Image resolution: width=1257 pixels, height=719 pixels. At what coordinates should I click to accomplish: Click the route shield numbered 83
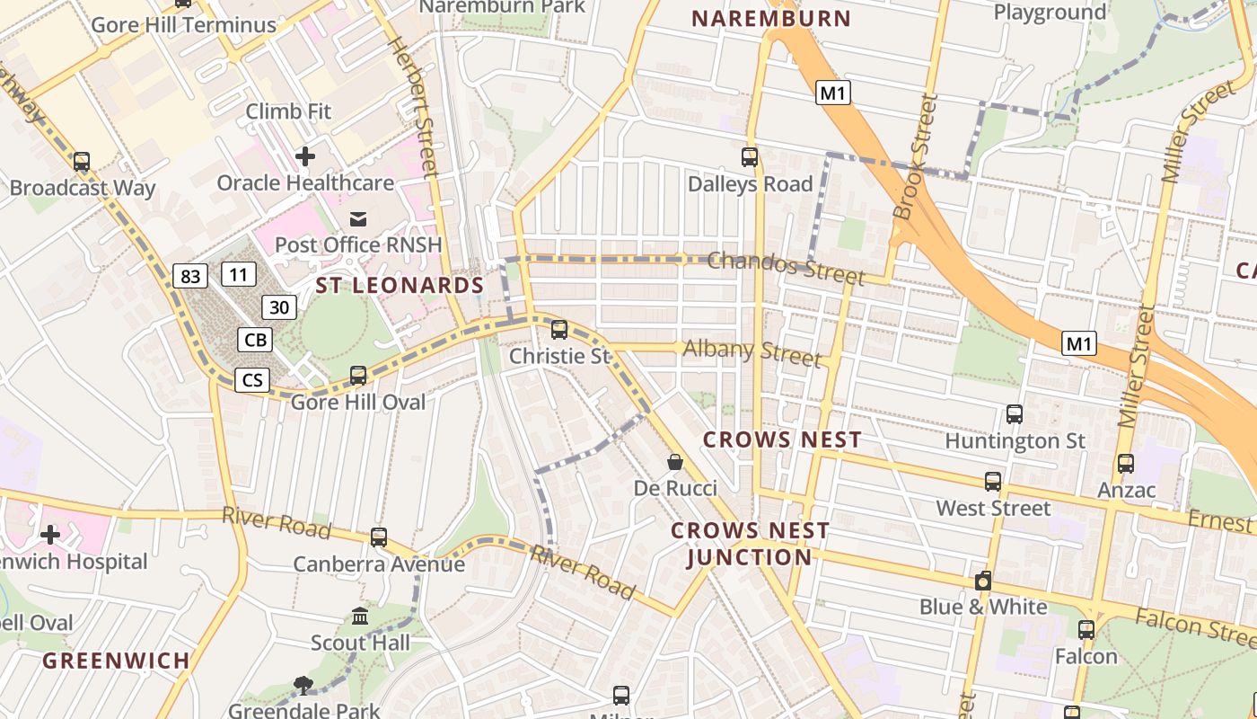190,276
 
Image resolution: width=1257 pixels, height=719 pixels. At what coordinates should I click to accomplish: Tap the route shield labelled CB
256,340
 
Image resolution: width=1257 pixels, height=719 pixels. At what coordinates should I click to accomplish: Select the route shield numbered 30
279,307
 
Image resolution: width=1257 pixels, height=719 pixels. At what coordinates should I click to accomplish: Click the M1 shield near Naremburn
832,93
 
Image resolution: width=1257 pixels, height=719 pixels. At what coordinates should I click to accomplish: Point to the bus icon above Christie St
559,330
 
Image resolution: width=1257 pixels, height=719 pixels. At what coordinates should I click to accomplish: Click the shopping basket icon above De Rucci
675,462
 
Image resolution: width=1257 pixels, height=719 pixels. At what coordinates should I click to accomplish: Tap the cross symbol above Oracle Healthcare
305,156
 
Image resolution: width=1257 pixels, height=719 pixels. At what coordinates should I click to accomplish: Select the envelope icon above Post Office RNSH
358,218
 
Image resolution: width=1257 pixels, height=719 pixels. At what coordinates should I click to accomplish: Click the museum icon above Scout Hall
360,617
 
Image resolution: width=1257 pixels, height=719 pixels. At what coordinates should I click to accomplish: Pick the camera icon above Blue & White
983,581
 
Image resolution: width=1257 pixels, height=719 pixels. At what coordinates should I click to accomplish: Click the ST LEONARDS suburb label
400,286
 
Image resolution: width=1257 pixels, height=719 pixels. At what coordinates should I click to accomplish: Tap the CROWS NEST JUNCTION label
750,544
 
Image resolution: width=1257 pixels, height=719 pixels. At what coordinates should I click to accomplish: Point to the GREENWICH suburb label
117,661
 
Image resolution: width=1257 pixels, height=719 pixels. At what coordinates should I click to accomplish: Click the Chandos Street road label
786,267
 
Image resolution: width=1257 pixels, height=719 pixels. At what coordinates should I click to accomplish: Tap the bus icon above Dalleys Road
750,157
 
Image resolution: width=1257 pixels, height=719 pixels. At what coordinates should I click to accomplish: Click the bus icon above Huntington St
1015,414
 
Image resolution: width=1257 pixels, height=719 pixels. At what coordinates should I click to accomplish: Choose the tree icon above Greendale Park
303,686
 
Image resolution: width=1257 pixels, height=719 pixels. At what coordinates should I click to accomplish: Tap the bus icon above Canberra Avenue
379,537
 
